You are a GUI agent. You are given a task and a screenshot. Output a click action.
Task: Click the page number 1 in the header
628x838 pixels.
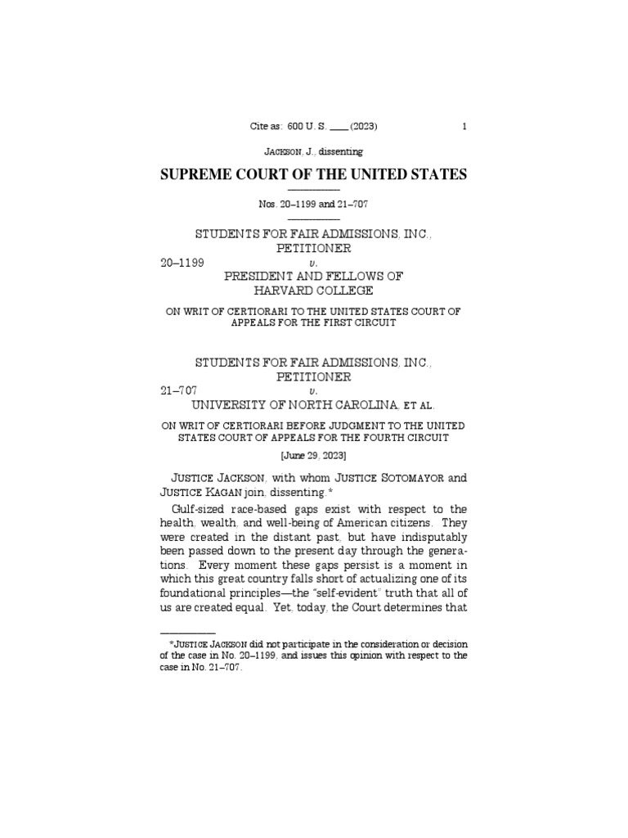464,127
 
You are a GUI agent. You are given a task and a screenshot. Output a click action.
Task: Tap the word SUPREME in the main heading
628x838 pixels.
201,174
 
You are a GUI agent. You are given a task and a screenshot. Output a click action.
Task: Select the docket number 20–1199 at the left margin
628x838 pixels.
182,263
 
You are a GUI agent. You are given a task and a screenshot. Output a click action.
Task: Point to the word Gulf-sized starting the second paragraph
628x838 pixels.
194,509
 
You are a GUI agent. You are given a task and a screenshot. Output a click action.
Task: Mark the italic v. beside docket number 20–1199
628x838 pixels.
314,264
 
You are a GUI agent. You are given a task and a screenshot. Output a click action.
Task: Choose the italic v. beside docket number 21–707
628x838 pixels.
314,391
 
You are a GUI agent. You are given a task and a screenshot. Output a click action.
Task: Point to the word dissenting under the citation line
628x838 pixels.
334,151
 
